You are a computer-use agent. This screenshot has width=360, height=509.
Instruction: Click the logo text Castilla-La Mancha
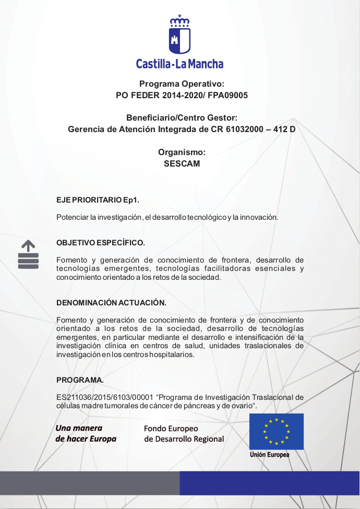pos(179,64)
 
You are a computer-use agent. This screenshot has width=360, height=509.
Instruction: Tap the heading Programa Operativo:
pos(182,84)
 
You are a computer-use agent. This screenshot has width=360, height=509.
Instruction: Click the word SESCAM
pos(182,163)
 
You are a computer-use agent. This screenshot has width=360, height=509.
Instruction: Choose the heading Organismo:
pos(182,152)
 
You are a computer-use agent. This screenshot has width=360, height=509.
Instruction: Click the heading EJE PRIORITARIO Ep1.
pos(98,200)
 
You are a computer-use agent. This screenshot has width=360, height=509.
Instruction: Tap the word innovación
pos(259,217)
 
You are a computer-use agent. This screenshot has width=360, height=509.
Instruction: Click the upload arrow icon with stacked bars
pos(28,254)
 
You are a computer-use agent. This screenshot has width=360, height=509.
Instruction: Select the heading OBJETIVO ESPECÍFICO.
pos(100,243)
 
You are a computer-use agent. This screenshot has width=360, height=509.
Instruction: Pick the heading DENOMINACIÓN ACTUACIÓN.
pos(111,303)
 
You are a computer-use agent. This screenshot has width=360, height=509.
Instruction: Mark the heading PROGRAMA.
pos(80,380)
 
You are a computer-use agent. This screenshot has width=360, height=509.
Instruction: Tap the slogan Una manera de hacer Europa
pos(86,433)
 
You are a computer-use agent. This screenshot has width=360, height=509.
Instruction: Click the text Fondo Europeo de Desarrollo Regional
pos(184,434)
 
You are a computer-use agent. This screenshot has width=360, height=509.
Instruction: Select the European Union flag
pos(276,431)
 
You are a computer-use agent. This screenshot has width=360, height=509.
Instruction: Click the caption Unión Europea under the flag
pos(269,455)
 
